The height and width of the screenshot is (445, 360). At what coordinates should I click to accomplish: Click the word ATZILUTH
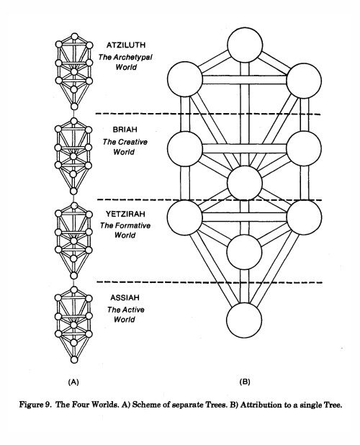pos(126,45)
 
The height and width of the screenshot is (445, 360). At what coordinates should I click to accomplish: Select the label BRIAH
pos(125,130)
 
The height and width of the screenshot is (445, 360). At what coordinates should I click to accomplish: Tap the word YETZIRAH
pos(125,214)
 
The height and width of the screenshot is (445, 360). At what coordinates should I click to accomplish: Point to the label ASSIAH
pos(125,297)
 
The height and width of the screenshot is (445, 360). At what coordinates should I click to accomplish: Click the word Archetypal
pos(132,58)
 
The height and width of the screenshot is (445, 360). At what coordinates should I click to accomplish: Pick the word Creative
pos(133,142)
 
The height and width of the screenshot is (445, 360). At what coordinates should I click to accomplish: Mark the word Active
pos(134,310)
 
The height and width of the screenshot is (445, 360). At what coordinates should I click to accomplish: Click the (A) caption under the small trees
pos(73,382)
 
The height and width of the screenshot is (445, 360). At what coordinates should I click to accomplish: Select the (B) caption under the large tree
pos(245,382)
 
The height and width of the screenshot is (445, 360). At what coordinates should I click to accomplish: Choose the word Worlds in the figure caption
pos(106,405)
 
